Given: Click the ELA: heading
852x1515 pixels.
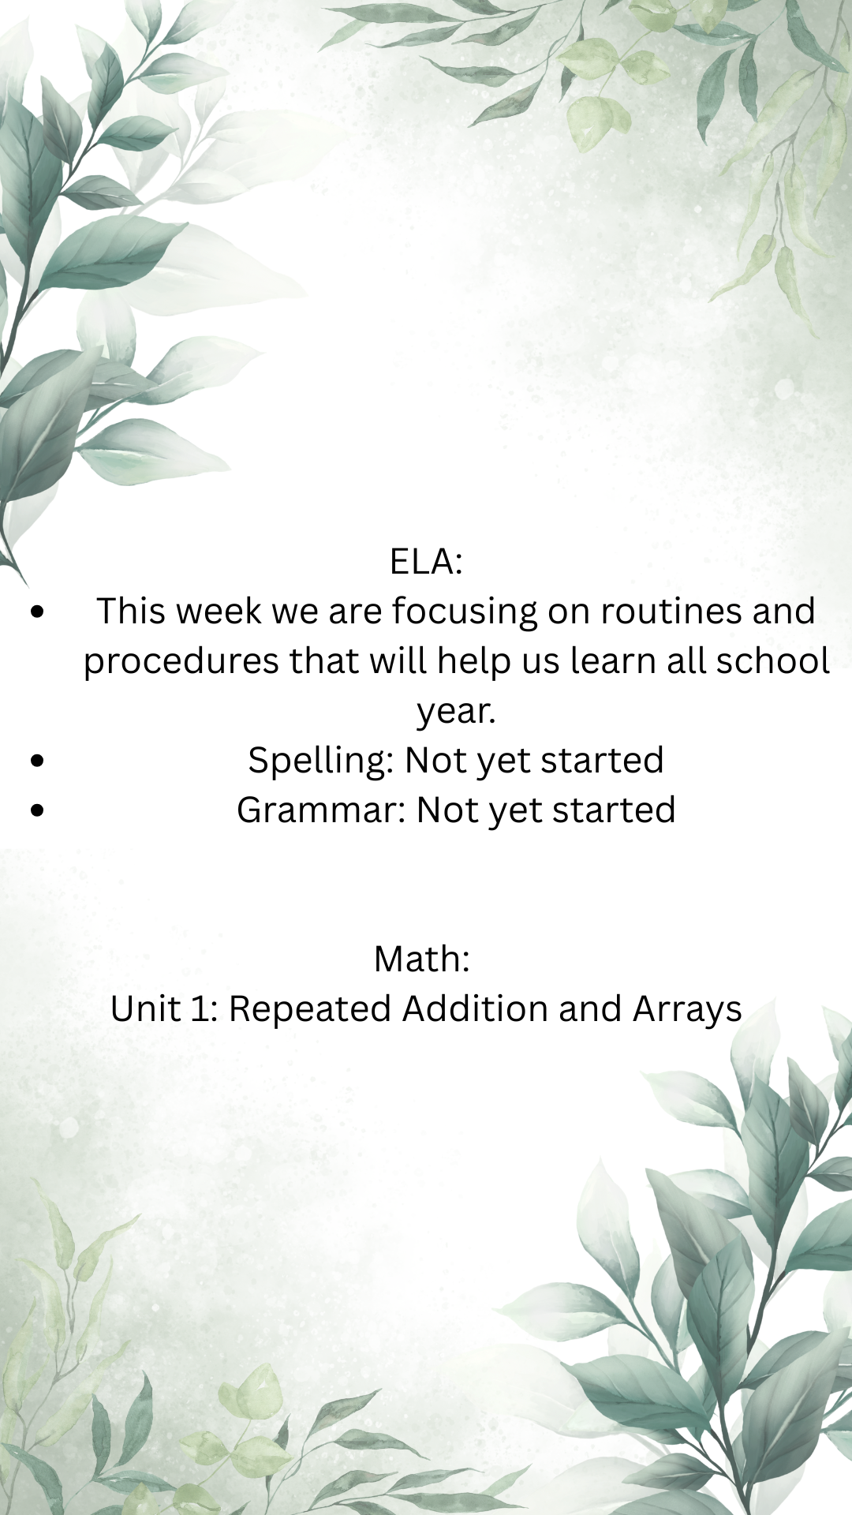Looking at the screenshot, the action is point(426,562).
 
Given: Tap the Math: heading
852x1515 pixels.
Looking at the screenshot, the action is point(422,959).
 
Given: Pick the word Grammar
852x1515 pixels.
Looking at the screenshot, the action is point(322,810).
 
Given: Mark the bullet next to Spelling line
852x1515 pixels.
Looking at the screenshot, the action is point(37,760).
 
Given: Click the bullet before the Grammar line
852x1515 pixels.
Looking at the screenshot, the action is point(37,810).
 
